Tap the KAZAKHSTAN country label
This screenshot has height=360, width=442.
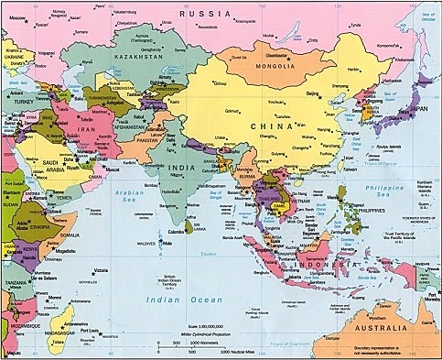142,55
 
